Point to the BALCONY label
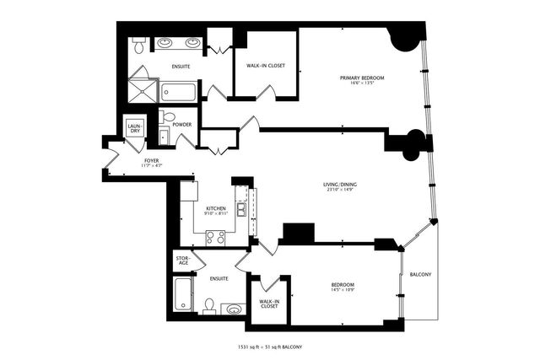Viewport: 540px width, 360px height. (x=420, y=275)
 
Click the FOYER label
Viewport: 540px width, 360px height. (x=152, y=159)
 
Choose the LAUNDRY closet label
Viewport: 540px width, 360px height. (x=134, y=128)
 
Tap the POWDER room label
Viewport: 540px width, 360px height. (x=181, y=125)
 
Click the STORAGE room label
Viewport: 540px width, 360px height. (x=183, y=261)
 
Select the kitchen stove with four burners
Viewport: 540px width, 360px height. (x=215, y=237)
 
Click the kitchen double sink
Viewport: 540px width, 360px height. (x=241, y=209)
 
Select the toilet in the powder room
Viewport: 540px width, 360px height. (x=168, y=117)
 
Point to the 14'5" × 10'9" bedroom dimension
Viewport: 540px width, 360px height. (x=343, y=291)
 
